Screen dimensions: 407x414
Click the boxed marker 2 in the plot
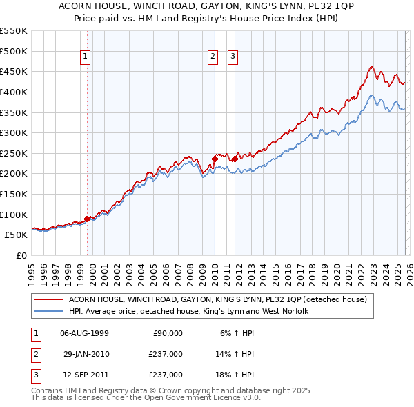[x=214, y=57]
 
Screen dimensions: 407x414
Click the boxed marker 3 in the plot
[x=233, y=57]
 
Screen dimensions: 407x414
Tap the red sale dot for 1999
[x=87, y=219]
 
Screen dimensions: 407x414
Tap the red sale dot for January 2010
[x=214, y=159]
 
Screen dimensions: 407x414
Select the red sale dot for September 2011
[x=235, y=159]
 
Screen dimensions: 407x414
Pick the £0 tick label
[x=21, y=256]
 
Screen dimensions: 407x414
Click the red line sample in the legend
[x=48, y=299]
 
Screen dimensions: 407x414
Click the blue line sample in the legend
[x=48, y=311]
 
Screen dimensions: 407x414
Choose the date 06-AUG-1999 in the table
[x=84, y=333]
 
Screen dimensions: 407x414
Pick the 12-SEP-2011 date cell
[x=84, y=375]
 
